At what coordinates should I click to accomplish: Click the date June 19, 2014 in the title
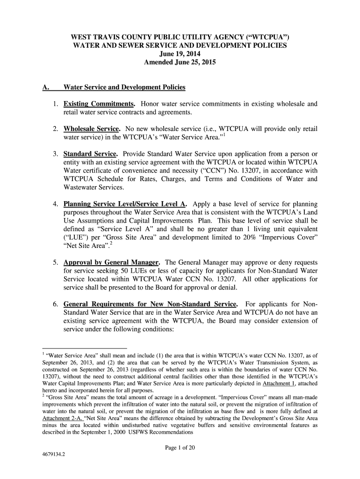(x=180, y=54)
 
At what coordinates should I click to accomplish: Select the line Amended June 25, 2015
(x=180, y=62)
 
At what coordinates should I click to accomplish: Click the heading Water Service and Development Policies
(x=124, y=87)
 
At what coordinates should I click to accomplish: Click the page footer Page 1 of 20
(x=180, y=448)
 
